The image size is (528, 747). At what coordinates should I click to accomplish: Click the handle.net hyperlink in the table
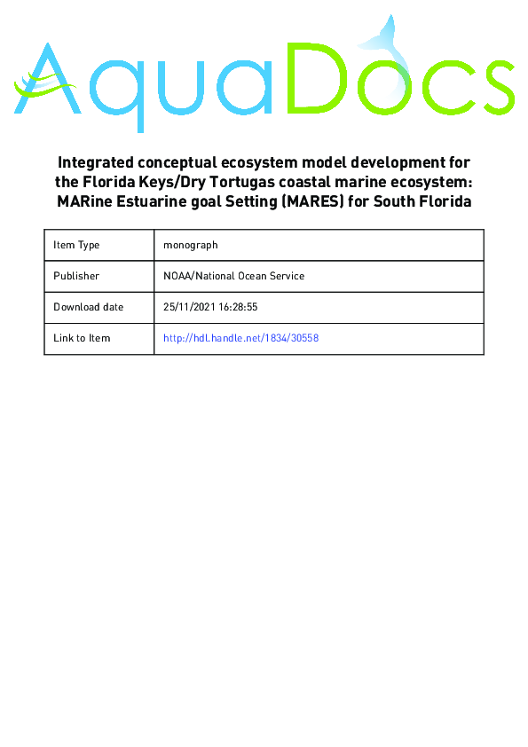tap(240, 338)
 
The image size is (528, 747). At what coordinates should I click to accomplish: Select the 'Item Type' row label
tap(76, 245)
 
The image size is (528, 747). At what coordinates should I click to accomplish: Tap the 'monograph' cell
tap(191, 245)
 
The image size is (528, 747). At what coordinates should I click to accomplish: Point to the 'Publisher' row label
tap(76, 276)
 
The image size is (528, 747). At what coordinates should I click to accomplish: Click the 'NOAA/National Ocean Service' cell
tap(234, 276)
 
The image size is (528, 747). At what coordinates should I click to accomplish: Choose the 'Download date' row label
tap(88, 307)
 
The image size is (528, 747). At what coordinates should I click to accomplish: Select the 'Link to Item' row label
tap(82, 338)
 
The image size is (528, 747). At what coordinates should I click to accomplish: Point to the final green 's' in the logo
tap(492, 88)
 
